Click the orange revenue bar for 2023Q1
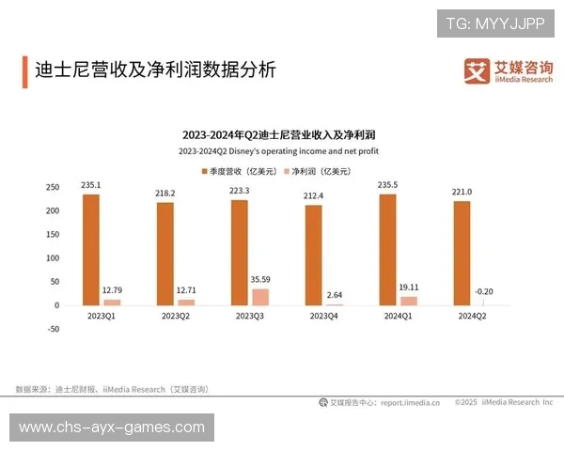90,249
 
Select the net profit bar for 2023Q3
260,297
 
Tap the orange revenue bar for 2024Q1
387,249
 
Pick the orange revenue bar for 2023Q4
313,255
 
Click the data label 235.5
386,185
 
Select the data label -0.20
482,292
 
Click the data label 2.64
335,295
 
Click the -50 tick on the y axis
53,329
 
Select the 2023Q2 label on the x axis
175,317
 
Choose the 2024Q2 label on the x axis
472,317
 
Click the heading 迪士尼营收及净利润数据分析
155,70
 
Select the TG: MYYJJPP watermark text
495,23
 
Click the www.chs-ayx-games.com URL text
112,428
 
